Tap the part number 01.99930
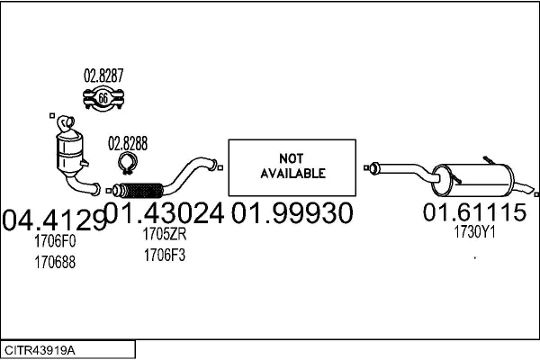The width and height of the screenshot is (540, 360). click(x=292, y=213)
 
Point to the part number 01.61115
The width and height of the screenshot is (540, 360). click(x=474, y=213)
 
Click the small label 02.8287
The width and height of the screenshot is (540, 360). click(x=103, y=76)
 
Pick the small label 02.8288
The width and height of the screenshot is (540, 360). click(x=128, y=142)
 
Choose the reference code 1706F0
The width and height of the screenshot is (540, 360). click(x=55, y=241)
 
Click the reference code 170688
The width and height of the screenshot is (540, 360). click(x=55, y=262)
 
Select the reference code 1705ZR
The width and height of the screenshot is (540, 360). click(x=164, y=234)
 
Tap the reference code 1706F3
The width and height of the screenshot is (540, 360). click(x=164, y=255)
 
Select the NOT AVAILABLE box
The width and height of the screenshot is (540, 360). click(x=292, y=166)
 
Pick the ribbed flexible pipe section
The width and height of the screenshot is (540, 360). click(x=139, y=190)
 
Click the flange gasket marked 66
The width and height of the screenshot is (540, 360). click(x=103, y=99)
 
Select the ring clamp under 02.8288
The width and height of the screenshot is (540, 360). click(x=128, y=163)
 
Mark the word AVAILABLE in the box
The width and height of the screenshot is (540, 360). click(x=292, y=173)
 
